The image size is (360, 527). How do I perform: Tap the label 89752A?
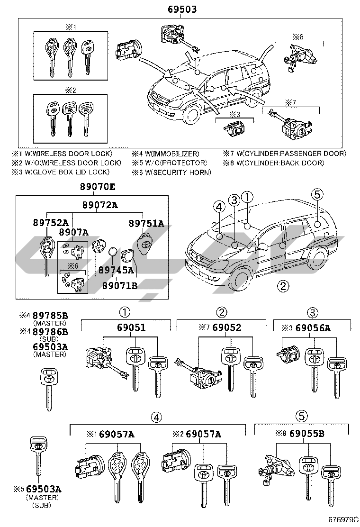click(51, 223)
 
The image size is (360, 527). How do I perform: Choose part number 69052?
click(227, 327)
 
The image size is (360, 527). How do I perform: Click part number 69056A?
click(320, 327)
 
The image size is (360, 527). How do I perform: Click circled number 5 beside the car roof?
click(317, 193)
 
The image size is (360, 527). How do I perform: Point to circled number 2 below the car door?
click(283, 285)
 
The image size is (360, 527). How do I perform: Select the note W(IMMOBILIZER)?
click(172, 154)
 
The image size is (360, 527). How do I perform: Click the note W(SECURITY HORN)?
click(177, 173)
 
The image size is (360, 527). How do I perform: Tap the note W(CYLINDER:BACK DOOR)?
click(280, 163)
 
